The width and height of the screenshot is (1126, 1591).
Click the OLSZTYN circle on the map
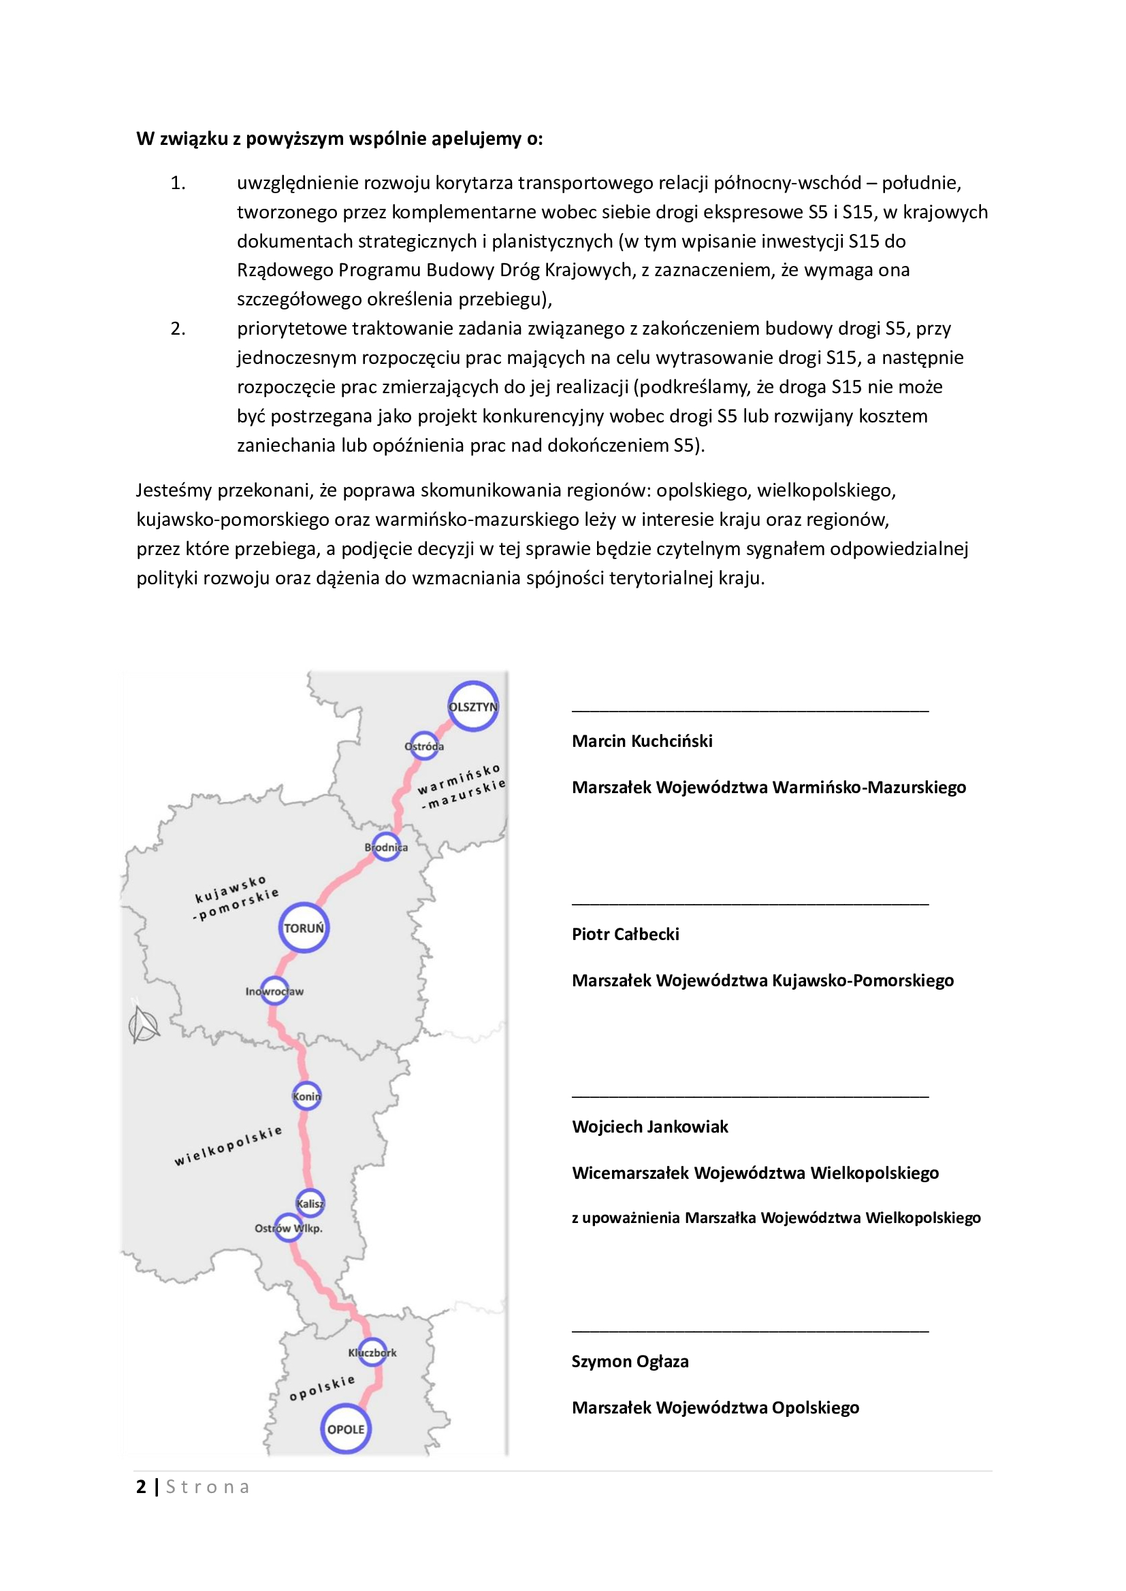coord(473,706)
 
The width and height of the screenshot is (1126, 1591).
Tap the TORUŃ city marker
coord(304,927)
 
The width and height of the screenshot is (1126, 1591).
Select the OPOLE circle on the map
coord(345,1429)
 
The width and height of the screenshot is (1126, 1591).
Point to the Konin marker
coord(306,1096)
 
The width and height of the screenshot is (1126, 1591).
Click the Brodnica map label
coord(386,847)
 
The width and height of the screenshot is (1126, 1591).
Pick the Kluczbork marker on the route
coord(372,1352)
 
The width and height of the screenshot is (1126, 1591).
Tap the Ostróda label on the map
coord(423,746)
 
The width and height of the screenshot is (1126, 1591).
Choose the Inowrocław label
coord(274,992)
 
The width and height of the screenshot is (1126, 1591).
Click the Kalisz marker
coord(310,1204)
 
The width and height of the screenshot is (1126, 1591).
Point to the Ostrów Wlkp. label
coord(289,1228)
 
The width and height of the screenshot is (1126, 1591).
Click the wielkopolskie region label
coord(228,1145)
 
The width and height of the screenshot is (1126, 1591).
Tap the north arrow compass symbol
coord(144,1025)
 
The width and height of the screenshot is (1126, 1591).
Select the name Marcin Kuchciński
coord(642,741)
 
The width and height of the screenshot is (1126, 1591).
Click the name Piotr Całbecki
coord(626,934)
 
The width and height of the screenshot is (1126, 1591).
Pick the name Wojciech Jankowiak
coord(649,1126)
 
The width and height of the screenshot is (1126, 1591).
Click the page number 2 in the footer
coord(142,1486)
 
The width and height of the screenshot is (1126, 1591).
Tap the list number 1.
coord(178,183)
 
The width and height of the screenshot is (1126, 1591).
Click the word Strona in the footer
coord(208,1487)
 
